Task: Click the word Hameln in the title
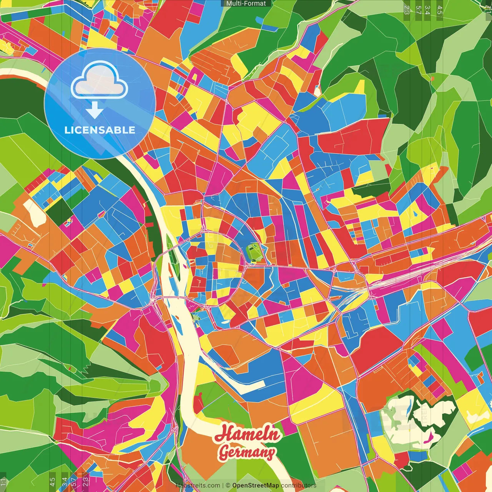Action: (x=248, y=434)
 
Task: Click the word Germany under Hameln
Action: (x=247, y=452)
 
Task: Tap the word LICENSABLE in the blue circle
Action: (x=100, y=130)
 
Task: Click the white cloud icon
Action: (x=100, y=81)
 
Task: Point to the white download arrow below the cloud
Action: (x=95, y=111)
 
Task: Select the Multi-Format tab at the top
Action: (x=246, y=3)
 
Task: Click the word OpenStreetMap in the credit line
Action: (x=256, y=485)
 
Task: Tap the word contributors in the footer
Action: (x=299, y=485)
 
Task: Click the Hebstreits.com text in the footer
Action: (x=198, y=485)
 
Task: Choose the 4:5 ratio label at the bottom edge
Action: (x=52, y=482)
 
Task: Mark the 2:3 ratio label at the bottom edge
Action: (x=86, y=482)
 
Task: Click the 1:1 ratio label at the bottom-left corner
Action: (x=3, y=482)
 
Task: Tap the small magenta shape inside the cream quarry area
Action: (x=430, y=436)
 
